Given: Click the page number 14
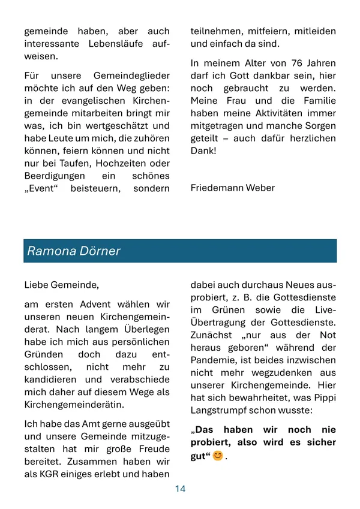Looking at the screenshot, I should click(180, 489).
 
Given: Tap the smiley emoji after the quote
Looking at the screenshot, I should click(217, 456).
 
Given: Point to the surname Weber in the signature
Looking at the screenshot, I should click(259, 188).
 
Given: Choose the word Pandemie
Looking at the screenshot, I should click(214, 361).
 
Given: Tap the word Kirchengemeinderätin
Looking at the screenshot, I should click(74, 405).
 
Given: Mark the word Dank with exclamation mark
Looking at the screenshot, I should click(204, 151).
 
